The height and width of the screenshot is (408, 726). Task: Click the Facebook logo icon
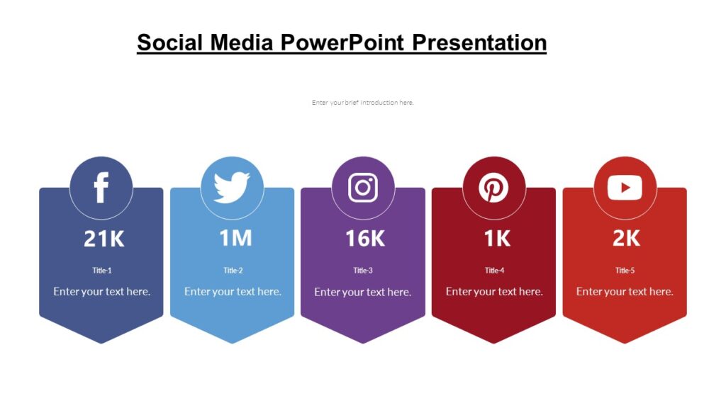click(x=101, y=188)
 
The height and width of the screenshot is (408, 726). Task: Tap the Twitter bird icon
click(x=232, y=188)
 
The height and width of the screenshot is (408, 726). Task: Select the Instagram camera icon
click(x=363, y=188)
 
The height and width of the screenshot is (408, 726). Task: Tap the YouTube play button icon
click(x=625, y=188)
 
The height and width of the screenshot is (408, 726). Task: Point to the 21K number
click(x=104, y=239)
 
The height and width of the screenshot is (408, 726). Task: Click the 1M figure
click(x=235, y=239)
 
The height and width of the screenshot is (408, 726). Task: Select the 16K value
click(x=365, y=239)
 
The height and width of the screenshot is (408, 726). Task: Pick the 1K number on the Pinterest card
click(x=497, y=239)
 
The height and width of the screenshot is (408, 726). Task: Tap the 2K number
click(x=627, y=239)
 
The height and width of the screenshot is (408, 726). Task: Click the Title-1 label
click(x=102, y=271)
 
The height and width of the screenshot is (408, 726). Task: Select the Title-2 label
click(x=233, y=271)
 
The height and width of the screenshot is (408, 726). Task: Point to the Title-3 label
click(x=363, y=271)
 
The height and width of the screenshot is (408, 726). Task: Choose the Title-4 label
click(x=494, y=271)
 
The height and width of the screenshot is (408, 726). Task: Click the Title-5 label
click(x=625, y=271)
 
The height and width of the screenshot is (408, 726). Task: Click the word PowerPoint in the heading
click(x=343, y=42)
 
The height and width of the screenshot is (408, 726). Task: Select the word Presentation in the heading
click(x=479, y=42)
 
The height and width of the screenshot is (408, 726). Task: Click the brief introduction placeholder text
click(x=362, y=103)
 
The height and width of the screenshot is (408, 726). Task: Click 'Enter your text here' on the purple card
click(x=363, y=292)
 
